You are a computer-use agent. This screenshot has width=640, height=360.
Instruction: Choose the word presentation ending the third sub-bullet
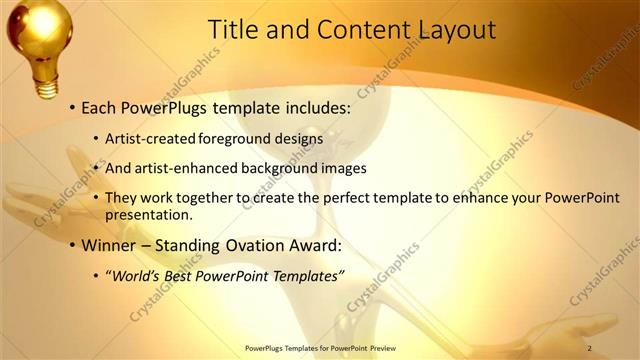tap(149, 214)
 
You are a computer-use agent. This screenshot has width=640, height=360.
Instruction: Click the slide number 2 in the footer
tap(590, 348)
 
